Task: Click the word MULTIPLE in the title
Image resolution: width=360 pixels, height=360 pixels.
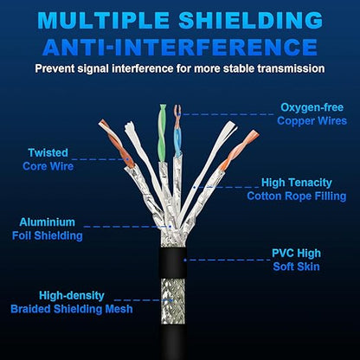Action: point(103,20)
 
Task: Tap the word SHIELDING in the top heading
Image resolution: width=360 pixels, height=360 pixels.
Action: point(251,20)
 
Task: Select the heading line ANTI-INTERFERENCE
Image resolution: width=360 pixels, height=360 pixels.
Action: point(180,47)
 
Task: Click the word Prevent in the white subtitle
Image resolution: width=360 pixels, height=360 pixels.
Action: point(55,69)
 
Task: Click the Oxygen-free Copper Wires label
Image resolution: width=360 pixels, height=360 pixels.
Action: point(312,114)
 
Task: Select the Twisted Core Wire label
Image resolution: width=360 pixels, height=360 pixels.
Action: point(48,159)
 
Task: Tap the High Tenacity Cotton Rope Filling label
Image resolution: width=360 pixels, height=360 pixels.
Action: point(297,190)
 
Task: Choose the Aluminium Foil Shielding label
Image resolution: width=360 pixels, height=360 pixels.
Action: point(48,228)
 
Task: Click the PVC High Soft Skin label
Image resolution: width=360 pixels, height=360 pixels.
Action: point(296,260)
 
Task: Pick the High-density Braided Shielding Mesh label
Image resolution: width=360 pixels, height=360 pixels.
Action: point(72,302)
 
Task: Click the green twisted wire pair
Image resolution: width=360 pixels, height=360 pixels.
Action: point(163,133)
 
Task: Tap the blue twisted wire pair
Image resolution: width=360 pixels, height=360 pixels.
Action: point(177,132)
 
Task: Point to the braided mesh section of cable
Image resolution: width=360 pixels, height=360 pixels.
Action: point(173,301)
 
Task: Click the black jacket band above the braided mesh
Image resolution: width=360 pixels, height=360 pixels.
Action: point(173,262)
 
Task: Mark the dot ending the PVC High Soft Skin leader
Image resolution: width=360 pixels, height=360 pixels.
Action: point(185,260)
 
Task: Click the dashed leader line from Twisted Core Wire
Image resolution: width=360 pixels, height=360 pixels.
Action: point(100,159)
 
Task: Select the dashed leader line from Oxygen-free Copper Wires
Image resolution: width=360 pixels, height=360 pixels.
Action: point(227,114)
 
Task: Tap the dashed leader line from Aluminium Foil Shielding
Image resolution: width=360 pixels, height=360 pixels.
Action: point(127,227)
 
